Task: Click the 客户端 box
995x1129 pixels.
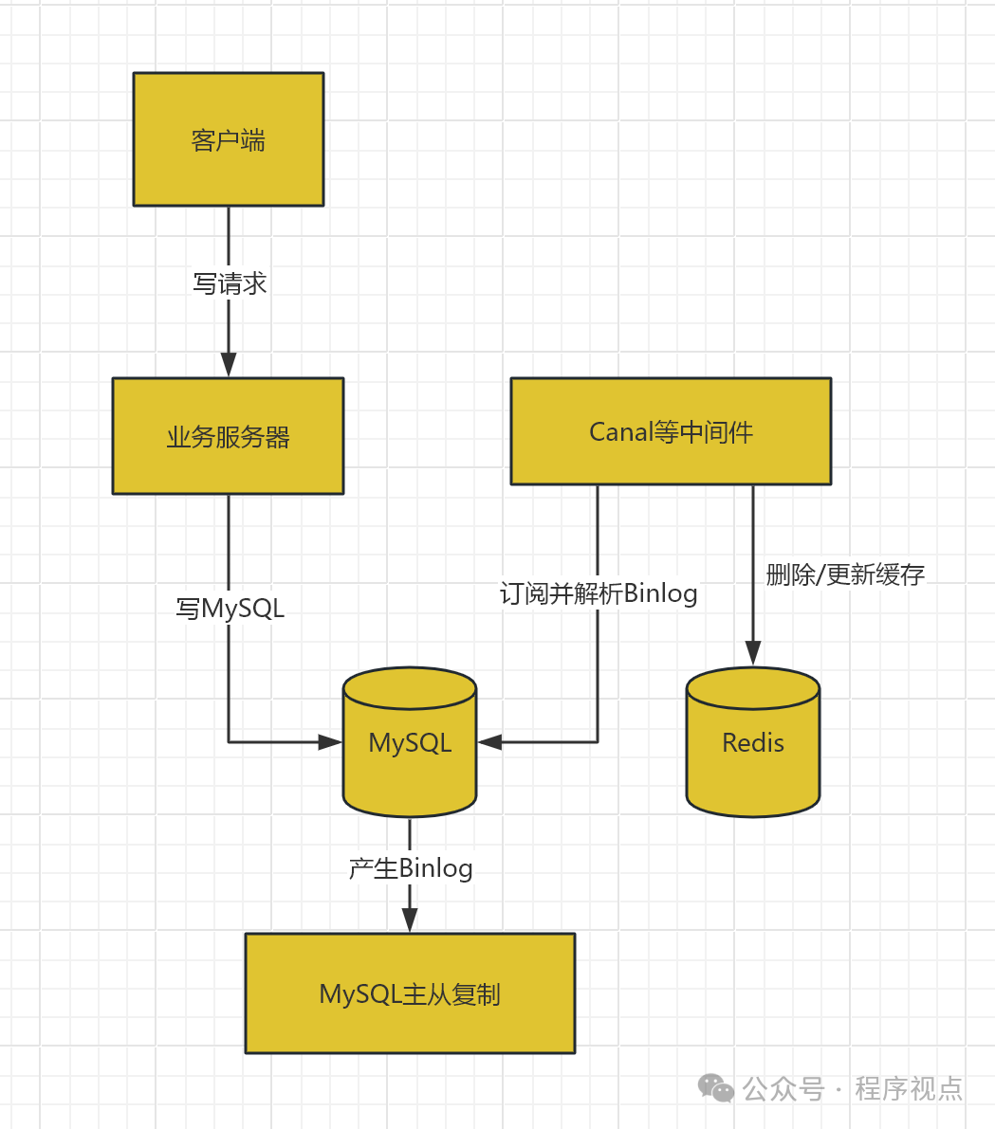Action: click(x=229, y=139)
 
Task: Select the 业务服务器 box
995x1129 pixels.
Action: click(x=228, y=436)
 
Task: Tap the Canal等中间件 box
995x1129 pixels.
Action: click(x=671, y=431)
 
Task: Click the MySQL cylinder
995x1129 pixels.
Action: click(x=410, y=742)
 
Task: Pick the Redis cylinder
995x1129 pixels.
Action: click(x=752, y=742)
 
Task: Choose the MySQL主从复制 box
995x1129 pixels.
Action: click(x=410, y=992)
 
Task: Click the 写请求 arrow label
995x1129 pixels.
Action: click(x=230, y=283)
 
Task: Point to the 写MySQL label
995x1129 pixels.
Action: click(x=230, y=608)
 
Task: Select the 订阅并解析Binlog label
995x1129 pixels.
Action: click(x=599, y=593)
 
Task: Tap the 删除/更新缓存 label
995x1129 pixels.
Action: click(x=845, y=574)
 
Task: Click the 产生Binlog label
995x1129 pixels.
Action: click(x=410, y=867)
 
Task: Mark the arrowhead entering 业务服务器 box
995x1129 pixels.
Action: click(x=229, y=365)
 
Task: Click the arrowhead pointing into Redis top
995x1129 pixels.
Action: click(x=753, y=653)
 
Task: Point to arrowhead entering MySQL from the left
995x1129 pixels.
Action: click(x=330, y=742)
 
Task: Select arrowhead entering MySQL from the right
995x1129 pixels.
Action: click(x=489, y=742)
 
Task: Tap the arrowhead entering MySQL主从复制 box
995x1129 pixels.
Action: click(x=410, y=920)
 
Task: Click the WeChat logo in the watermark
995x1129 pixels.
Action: click(x=716, y=1088)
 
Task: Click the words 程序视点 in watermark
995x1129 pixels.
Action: click(x=909, y=1088)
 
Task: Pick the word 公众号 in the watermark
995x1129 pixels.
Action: click(x=783, y=1088)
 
